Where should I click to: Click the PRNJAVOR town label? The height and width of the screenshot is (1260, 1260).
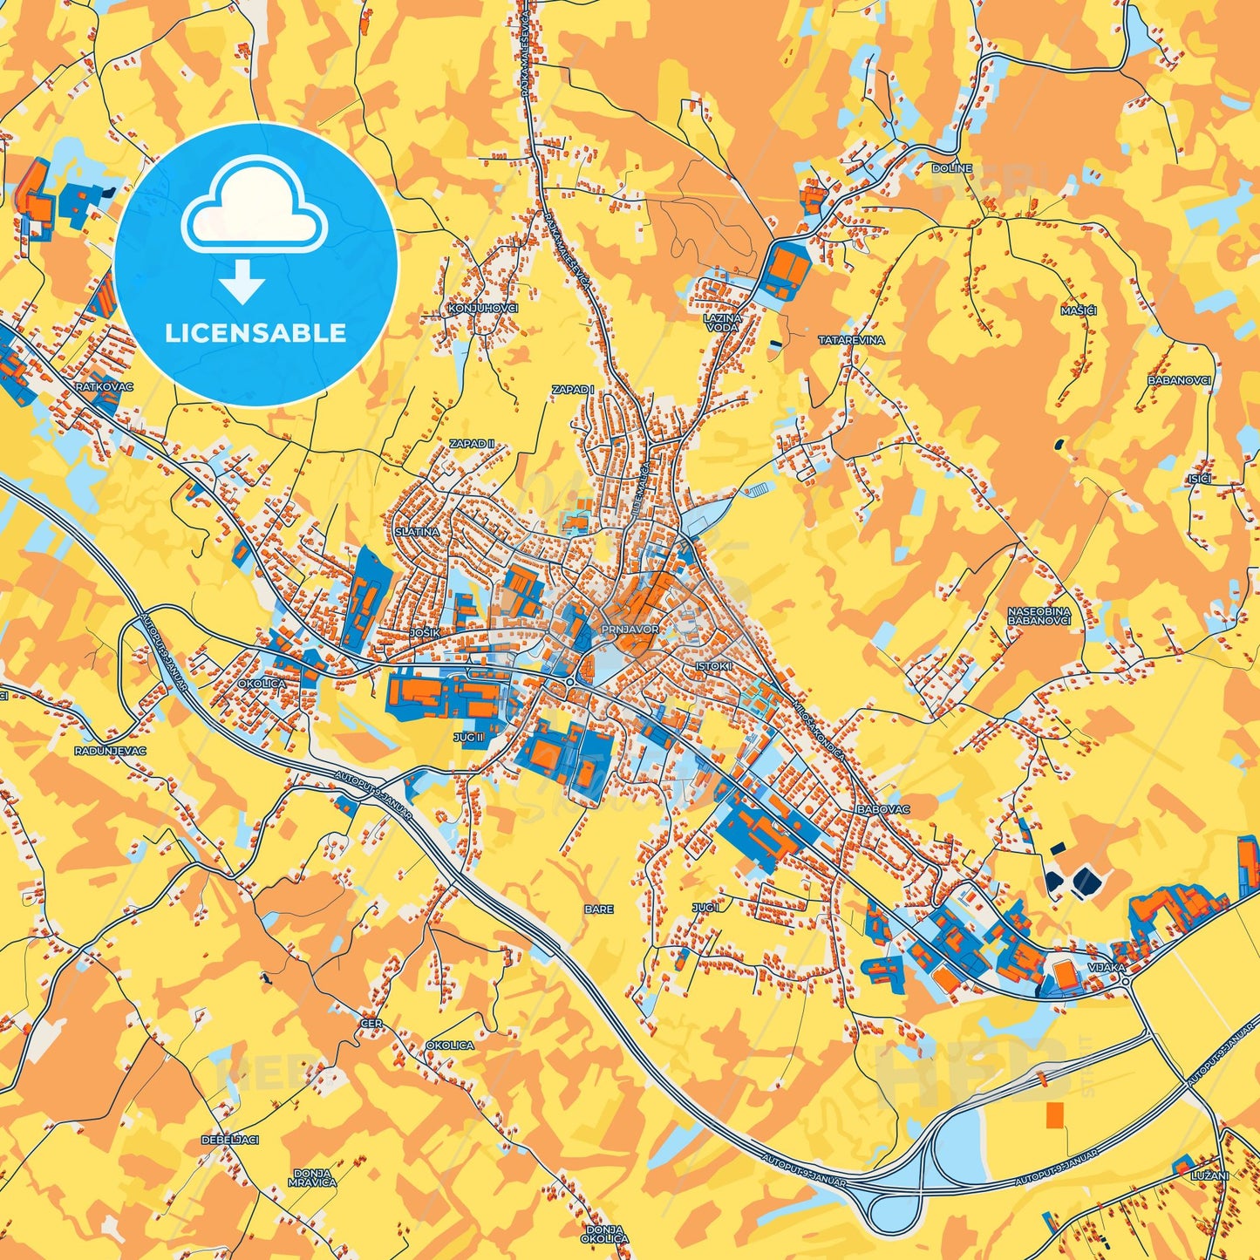pos(630,629)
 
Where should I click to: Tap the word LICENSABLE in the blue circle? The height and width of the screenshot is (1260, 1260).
pos(255,333)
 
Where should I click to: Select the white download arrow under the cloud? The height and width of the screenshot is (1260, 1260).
pos(242,283)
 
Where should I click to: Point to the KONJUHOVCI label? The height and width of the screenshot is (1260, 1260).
pos(482,309)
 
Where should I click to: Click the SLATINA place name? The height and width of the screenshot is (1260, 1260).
pos(417,531)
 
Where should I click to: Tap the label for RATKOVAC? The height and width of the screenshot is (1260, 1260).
pos(105,385)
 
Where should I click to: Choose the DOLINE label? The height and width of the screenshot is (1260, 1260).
pos(951,168)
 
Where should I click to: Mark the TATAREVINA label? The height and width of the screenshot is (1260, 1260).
pos(851,340)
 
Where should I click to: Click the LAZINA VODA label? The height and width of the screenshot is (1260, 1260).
pos(723,323)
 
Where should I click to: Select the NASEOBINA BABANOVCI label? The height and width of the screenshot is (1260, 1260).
pos(1039,616)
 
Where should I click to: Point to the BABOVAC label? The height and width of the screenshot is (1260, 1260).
pos(883,809)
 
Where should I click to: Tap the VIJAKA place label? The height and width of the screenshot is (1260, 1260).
pos(1107,968)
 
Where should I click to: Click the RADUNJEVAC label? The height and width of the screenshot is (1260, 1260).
pos(110,751)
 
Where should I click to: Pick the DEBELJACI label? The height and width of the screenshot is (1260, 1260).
pos(229,1140)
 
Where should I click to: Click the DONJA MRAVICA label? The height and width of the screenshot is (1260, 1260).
pos(312,1178)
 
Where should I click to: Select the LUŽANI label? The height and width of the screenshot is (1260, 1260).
pos(1209,1176)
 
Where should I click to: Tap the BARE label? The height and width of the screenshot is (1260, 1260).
pos(599,909)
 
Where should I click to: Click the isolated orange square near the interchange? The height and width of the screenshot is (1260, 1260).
pos(1055,1114)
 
